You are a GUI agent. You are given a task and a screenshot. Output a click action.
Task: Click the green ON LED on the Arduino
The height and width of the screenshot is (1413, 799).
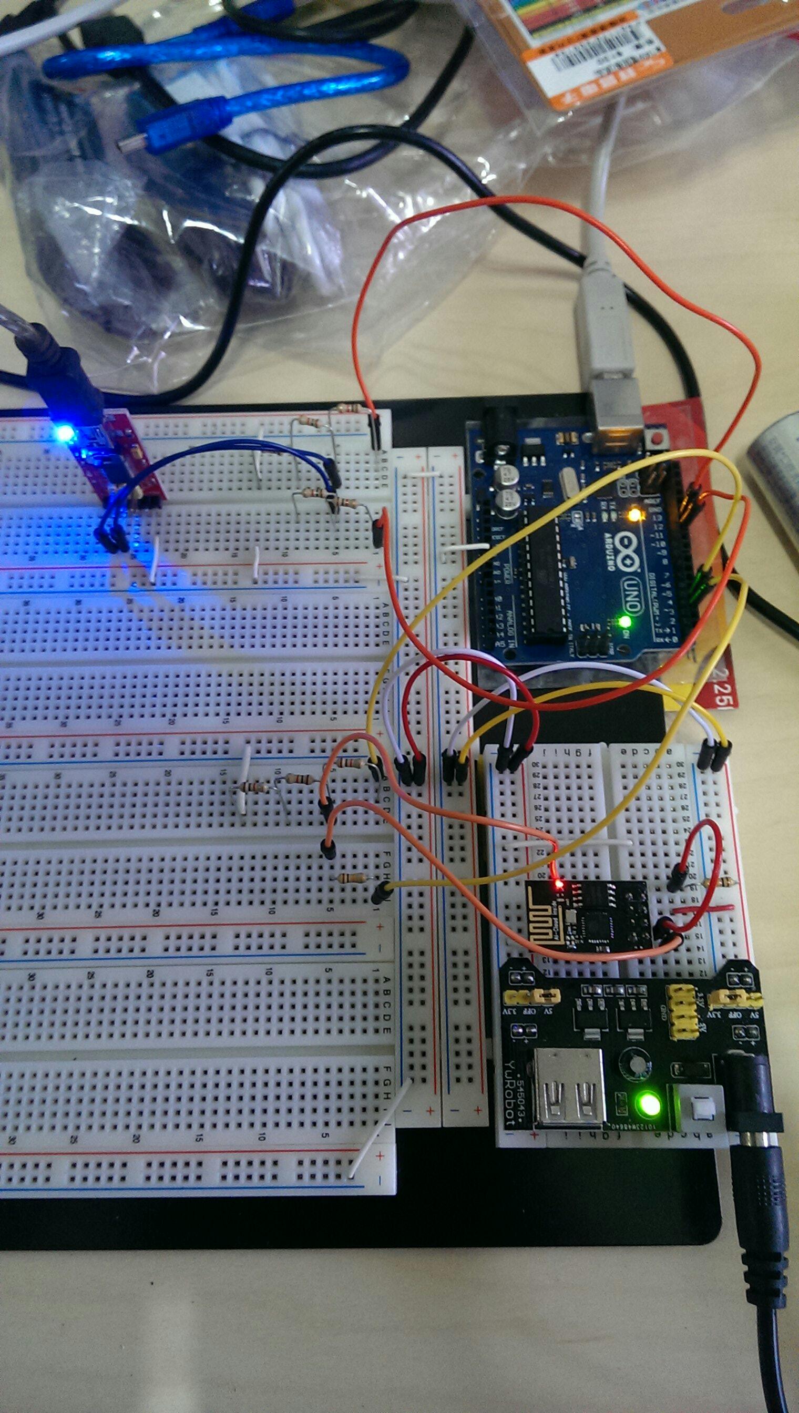click(x=624, y=622)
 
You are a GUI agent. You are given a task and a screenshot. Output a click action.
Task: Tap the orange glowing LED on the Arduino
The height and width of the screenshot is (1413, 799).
click(x=635, y=515)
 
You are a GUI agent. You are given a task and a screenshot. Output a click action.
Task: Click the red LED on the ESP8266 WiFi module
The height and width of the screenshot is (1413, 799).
click(x=559, y=884)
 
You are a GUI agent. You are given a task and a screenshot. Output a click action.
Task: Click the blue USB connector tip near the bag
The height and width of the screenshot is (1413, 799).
click(x=128, y=144)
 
